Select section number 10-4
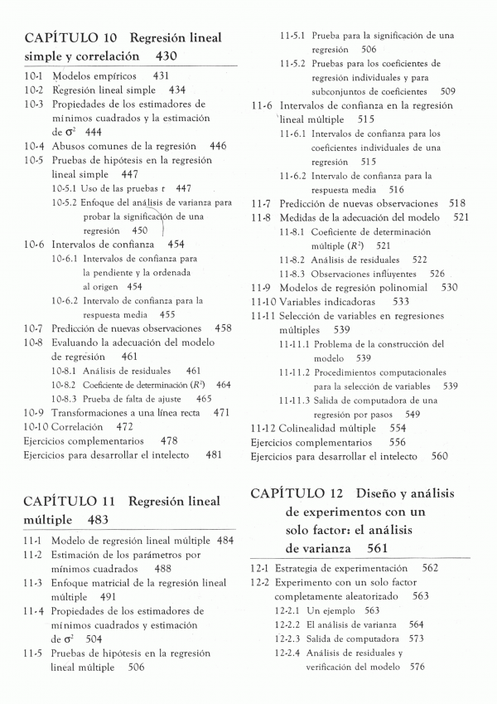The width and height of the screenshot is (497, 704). [x=33, y=146]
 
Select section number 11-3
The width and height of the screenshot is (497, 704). [x=33, y=583]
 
